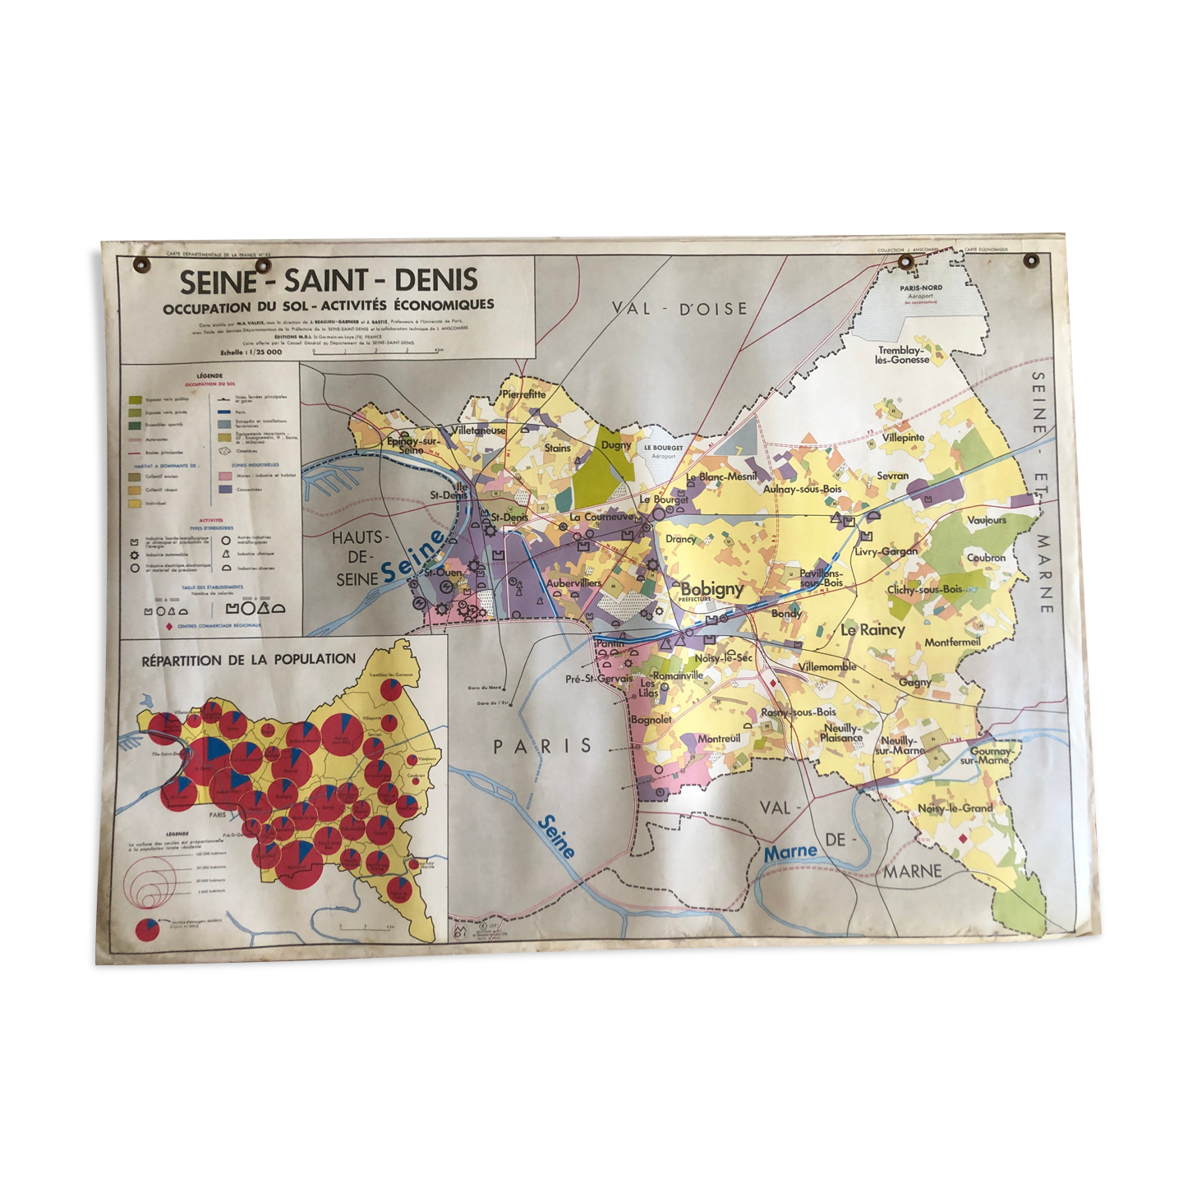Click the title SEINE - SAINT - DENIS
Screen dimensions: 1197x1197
coord(329,281)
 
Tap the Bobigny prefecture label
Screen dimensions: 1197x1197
coord(711,589)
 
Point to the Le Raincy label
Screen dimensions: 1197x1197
coord(872,630)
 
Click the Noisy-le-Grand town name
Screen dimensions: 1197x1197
coord(955,808)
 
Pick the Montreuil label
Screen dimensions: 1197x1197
coord(718,739)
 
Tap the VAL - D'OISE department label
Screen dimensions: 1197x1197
coord(679,309)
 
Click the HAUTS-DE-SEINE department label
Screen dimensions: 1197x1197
coord(357,558)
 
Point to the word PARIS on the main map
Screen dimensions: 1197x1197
coord(542,746)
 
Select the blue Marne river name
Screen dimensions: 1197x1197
coord(790,853)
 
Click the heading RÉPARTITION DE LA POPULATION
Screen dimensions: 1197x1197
coord(249,660)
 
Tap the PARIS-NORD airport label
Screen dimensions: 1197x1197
coord(921,288)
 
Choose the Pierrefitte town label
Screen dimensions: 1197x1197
coord(523,394)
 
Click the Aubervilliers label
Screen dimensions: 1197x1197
coord(574,582)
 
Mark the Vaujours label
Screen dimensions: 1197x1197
coord(986,520)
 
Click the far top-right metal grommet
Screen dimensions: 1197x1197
coord(1031,261)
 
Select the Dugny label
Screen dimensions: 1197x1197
coord(616,445)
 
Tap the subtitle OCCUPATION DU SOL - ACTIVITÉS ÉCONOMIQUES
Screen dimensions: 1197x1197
coord(329,306)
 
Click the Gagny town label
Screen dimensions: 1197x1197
coord(914,682)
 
